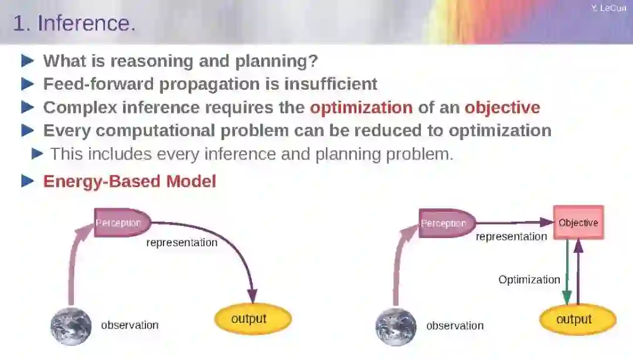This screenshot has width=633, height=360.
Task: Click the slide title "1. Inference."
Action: click(x=74, y=23)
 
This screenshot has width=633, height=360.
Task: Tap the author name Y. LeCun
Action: click(x=608, y=8)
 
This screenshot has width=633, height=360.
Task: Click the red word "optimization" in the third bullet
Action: click(x=361, y=107)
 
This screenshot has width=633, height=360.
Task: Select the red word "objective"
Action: click(x=502, y=107)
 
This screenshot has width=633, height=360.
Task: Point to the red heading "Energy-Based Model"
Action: click(x=130, y=181)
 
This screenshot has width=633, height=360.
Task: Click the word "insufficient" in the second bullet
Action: click(x=331, y=84)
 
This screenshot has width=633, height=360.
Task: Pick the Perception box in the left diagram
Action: click(x=120, y=223)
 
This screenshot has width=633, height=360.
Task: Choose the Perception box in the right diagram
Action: click(x=444, y=223)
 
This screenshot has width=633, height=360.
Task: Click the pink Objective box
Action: click(x=578, y=223)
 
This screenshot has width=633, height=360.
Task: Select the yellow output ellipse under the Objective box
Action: click(x=576, y=320)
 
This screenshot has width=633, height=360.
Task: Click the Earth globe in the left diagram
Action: click(x=71, y=326)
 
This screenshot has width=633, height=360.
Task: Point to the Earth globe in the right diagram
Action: click(x=396, y=327)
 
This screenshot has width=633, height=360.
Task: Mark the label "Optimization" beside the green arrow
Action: click(x=529, y=280)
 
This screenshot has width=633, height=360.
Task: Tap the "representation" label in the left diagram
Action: click(x=182, y=243)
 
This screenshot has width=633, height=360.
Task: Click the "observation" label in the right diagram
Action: click(x=455, y=325)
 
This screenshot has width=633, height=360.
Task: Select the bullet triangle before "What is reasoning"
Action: click(x=28, y=60)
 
